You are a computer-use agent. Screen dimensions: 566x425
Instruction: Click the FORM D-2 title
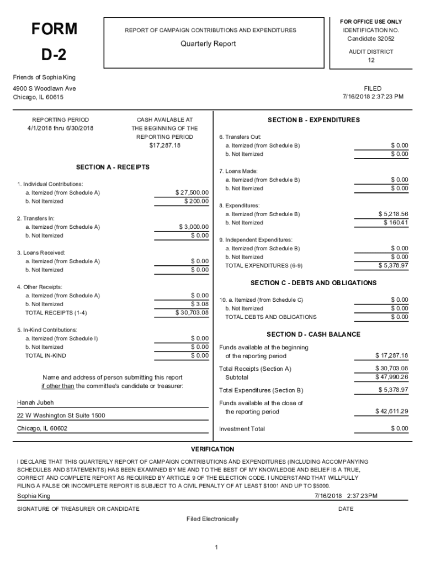click(x=54, y=41)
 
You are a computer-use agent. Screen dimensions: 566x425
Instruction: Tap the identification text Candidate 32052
click(x=371, y=39)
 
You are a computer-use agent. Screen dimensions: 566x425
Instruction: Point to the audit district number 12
click(x=371, y=60)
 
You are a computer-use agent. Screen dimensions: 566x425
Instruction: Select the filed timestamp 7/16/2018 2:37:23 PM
click(x=373, y=97)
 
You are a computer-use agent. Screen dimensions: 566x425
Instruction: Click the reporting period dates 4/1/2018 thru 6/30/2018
click(x=61, y=128)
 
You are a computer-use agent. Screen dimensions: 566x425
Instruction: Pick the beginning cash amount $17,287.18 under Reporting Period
click(x=164, y=145)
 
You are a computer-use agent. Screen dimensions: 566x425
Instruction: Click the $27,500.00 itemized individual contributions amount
click(x=192, y=192)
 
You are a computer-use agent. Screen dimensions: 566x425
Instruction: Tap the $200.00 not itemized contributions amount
click(x=196, y=201)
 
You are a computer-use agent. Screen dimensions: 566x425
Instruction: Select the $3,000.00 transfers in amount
click(x=194, y=227)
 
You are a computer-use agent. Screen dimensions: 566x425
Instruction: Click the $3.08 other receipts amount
click(x=200, y=304)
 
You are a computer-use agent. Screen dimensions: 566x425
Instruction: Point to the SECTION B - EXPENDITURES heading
click(x=314, y=120)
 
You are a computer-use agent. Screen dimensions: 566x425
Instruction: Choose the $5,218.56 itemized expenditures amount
click(x=393, y=214)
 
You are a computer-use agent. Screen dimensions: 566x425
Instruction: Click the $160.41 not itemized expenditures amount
click(x=396, y=223)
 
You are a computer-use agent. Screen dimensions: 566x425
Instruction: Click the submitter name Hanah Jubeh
click(x=35, y=402)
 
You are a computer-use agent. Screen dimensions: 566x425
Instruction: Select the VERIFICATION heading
click(x=212, y=449)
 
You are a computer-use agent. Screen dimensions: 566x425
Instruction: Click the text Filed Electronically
click(x=212, y=519)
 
